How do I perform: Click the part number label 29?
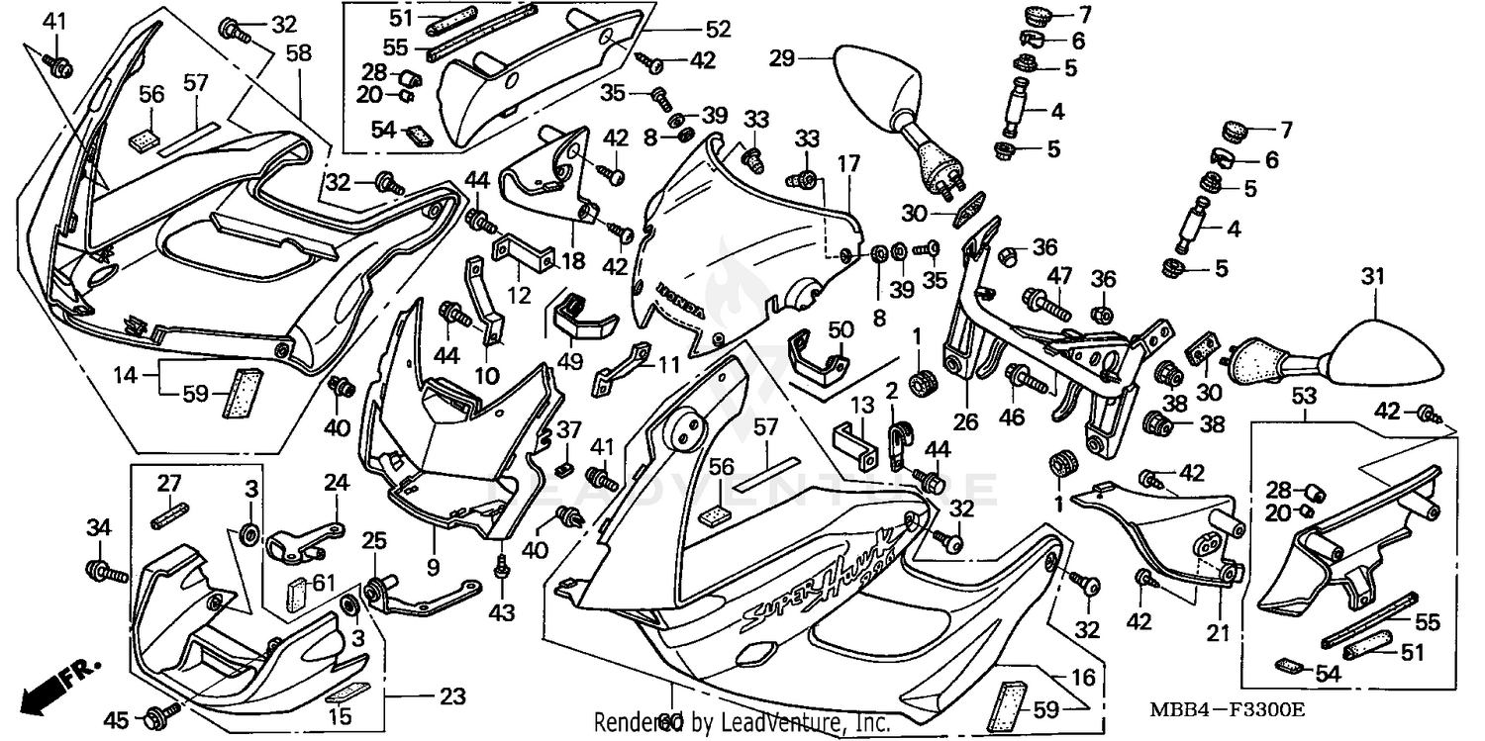coord(782,59)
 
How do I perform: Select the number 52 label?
coord(719,30)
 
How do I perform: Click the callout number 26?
coord(965,421)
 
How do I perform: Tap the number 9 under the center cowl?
coord(435,540)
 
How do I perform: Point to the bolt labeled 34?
coord(107,570)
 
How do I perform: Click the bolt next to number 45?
coord(163,710)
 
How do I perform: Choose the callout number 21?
coord(1219,633)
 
